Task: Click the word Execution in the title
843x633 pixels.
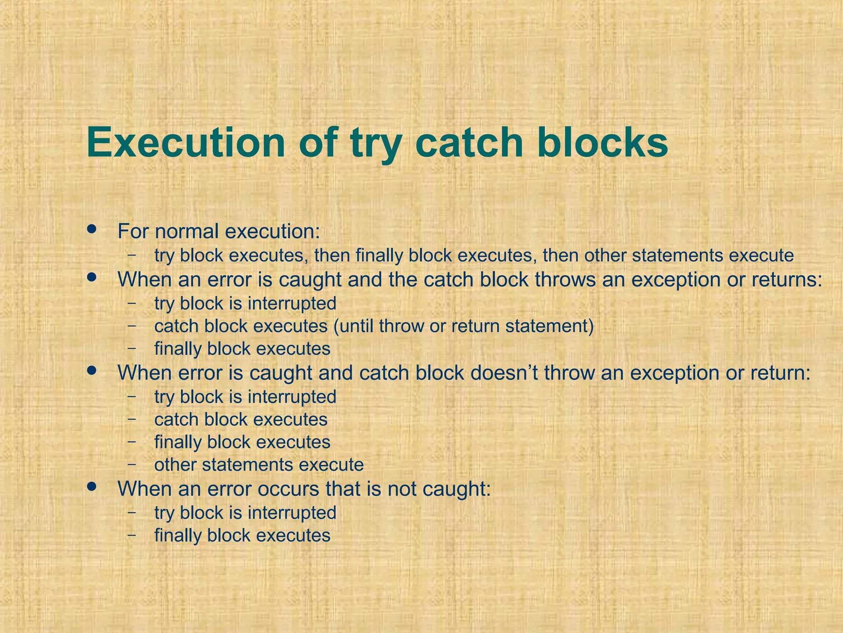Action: pyautogui.click(x=186, y=143)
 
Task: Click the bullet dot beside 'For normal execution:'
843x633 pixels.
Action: pyautogui.click(x=92, y=229)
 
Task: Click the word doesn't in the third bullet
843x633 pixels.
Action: pyautogui.click(x=504, y=373)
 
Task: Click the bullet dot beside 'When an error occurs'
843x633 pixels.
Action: pyautogui.click(x=92, y=487)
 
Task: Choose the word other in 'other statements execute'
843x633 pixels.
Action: pyautogui.click(x=175, y=465)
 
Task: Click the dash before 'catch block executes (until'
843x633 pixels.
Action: pyautogui.click(x=132, y=325)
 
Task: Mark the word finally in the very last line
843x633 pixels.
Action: pyautogui.click(x=178, y=535)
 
